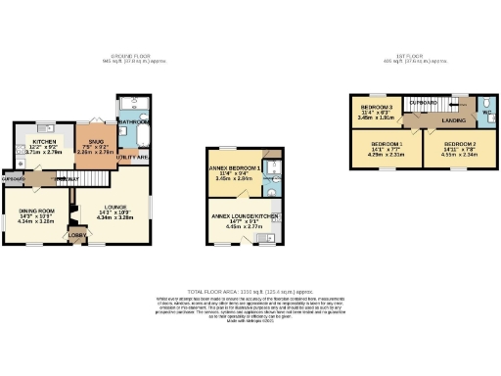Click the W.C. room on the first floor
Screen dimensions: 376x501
(x=488, y=109)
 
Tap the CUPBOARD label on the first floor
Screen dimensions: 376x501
(x=423, y=101)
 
